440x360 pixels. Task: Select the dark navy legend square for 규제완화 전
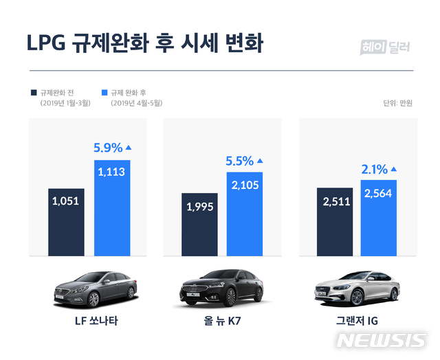coord(33,91)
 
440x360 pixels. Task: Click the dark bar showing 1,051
coord(66,221)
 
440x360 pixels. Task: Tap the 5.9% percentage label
coord(108,147)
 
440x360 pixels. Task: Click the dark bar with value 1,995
coord(199,224)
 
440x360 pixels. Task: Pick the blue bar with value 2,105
coord(245,213)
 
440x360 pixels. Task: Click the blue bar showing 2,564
coord(379,217)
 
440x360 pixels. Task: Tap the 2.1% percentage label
coord(374,168)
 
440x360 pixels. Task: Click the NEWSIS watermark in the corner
coord(382,341)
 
